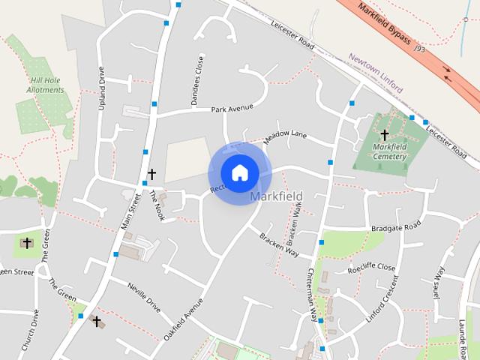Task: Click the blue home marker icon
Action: click(239, 172)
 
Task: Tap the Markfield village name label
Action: click(276, 196)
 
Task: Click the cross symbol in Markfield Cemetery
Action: click(385, 135)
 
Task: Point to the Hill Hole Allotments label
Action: click(47, 85)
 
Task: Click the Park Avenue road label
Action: click(232, 109)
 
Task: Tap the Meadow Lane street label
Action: click(285, 136)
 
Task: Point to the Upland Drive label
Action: click(102, 88)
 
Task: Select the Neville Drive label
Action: click(144, 296)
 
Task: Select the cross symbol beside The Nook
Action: click(151, 174)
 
